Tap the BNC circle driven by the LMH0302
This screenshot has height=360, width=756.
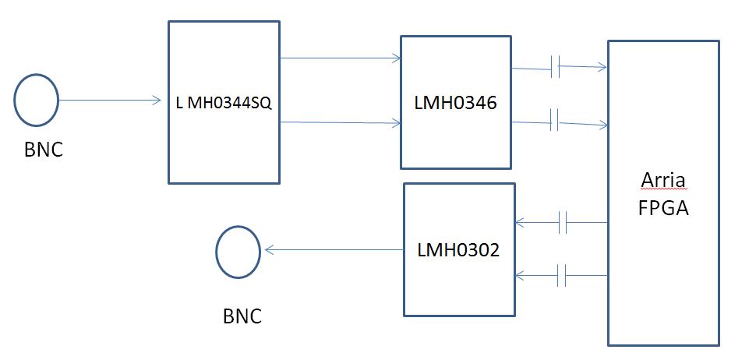pos(238,251)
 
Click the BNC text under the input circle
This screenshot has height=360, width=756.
pos(43,150)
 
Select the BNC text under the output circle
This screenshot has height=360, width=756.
pos(242,316)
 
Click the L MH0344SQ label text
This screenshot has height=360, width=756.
pos(224,102)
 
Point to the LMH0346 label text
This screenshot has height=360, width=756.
pos(455,101)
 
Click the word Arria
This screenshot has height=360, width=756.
pos(662,181)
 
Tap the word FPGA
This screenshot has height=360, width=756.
pos(662,208)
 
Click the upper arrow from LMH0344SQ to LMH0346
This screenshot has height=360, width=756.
pos(339,58)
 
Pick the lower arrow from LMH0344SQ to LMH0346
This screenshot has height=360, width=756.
pos(339,122)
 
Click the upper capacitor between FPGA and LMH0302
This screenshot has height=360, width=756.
pos(564,224)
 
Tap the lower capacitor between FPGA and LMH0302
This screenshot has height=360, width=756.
pos(564,275)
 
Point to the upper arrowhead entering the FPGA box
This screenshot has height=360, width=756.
pos(602,67)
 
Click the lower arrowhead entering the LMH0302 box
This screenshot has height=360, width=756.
pos(520,275)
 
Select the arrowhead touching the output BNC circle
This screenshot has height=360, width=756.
pos(269,250)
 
